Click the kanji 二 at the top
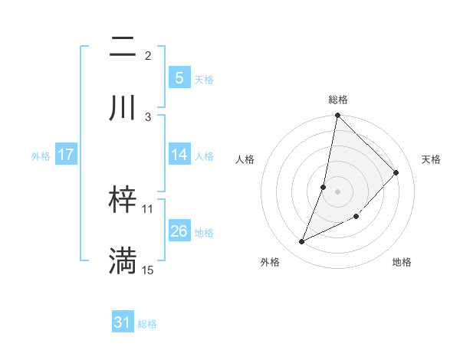(x=123, y=47)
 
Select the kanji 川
(x=123, y=108)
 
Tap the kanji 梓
(x=123, y=201)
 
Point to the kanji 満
(x=123, y=260)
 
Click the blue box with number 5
(x=179, y=78)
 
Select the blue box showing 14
(x=179, y=155)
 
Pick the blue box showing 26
(x=179, y=231)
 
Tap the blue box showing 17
(x=65, y=155)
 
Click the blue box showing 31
(x=123, y=323)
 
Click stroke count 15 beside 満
(x=148, y=270)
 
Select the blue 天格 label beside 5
(x=204, y=79)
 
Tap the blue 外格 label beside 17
(x=41, y=155)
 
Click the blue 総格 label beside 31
(x=147, y=324)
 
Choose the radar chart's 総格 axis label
(x=338, y=100)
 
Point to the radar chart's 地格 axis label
(x=402, y=262)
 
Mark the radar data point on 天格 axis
(x=396, y=172)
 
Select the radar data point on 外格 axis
(x=302, y=242)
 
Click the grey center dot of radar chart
(x=338, y=191)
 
